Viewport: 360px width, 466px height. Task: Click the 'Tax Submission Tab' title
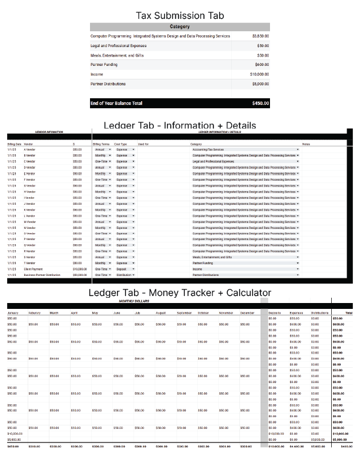(179, 16)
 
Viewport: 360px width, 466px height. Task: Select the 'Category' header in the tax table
(179, 27)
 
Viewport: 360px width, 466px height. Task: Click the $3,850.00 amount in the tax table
(261, 36)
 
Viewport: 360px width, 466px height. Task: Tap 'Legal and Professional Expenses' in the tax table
(118, 46)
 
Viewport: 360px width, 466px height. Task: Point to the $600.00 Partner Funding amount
(262, 65)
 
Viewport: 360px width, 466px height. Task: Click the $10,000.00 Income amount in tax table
(259, 75)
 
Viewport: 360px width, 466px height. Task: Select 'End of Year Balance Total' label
(116, 104)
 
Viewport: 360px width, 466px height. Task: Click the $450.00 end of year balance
(261, 104)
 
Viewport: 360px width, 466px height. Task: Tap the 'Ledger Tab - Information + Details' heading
(179, 125)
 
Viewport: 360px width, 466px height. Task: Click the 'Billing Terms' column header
(101, 144)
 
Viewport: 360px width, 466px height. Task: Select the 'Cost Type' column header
(120, 144)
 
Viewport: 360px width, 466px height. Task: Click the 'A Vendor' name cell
(29, 150)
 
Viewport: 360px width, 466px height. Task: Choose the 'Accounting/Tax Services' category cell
(208, 150)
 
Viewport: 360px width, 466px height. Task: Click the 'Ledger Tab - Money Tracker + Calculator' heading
(179, 292)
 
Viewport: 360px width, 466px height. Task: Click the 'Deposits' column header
(275, 312)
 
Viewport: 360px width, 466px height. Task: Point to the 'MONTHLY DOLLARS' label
(134, 301)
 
